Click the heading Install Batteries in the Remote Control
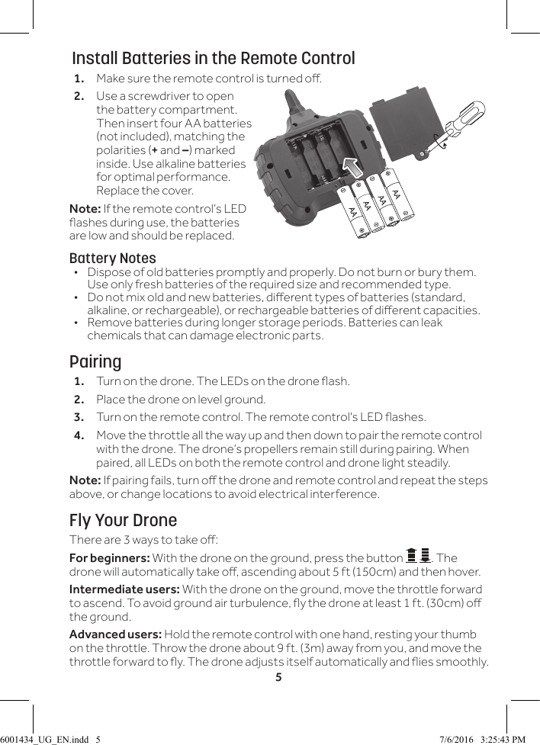click(x=213, y=59)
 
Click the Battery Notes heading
click(x=112, y=258)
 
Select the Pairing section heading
click(x=95, y=361)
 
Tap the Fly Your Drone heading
click(x=123, y=520)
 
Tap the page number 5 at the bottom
click(x=278, y=676)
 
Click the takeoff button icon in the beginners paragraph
click(x=418, y=557)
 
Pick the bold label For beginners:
click(x=110, y=558)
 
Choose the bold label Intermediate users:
click(x=124, y=589)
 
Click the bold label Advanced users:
click(x=115, y=634)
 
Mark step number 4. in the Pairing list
click(x=79, y=435)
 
